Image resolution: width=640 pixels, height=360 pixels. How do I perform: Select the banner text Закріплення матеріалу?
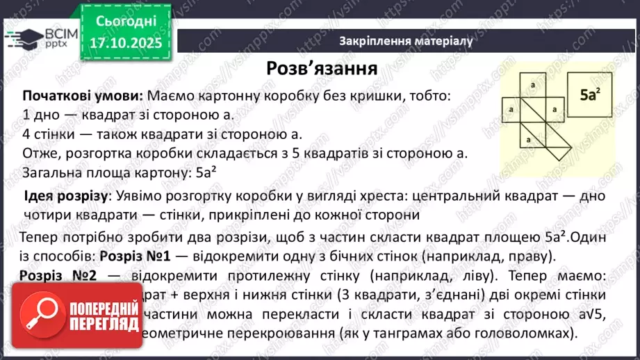(406, 41)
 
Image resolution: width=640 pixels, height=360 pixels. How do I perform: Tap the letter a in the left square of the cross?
(511, 110)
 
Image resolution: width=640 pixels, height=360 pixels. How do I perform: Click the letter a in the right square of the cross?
(555, 110)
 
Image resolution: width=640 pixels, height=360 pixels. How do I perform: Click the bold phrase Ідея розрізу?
(65, 196)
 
